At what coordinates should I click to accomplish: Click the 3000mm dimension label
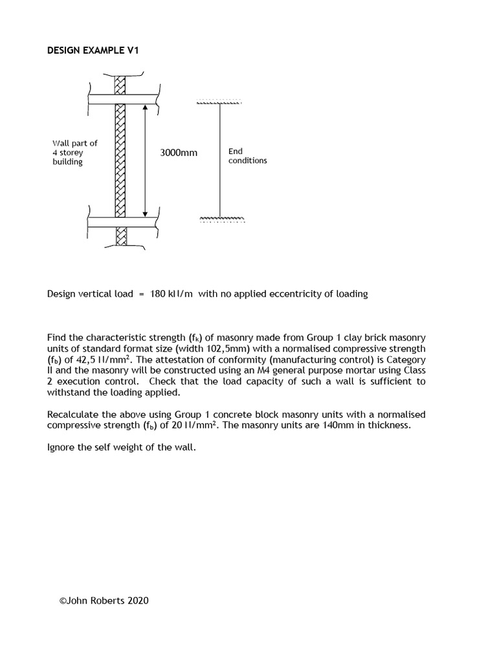coord(179,153)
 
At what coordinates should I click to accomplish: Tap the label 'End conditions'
coord(247,156)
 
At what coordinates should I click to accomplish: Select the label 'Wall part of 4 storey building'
coord(74,153)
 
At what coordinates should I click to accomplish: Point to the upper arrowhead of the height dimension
coord(145,108)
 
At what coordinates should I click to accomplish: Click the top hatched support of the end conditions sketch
coord(219,102)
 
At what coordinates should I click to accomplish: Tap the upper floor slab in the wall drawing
coord(123,99)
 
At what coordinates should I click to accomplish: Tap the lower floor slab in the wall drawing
coord(123,222)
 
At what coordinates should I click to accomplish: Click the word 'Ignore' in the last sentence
coord(61,447)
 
